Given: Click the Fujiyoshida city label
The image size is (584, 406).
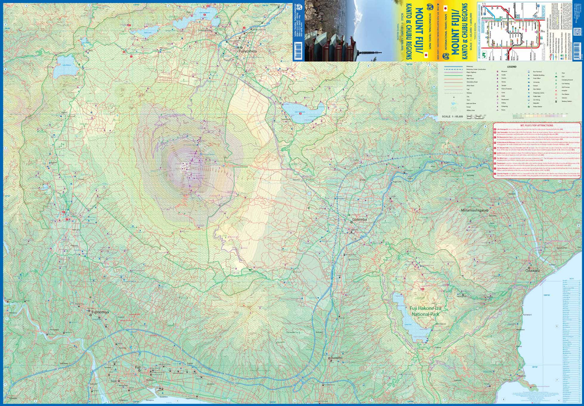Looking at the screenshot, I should click(248, 51).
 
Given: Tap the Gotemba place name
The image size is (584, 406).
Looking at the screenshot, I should click(359, 220).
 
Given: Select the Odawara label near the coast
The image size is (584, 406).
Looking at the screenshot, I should click(532, 270).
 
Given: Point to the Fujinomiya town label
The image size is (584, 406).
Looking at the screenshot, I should click(100, 312).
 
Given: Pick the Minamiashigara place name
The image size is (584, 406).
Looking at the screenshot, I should click(474, 210).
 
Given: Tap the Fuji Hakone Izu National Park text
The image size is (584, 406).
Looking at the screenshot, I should click(425, 311).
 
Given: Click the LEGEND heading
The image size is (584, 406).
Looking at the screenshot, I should click(511, 67).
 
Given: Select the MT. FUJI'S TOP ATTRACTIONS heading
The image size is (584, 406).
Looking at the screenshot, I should click(537, 126).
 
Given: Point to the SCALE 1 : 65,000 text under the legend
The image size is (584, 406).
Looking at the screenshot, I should click(452, 116).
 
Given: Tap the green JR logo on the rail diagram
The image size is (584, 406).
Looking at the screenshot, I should click(484, 55).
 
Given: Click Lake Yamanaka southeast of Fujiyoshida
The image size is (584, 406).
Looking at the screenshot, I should click(303, 112).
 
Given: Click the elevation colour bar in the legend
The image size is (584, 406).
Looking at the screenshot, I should click(539, 116).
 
